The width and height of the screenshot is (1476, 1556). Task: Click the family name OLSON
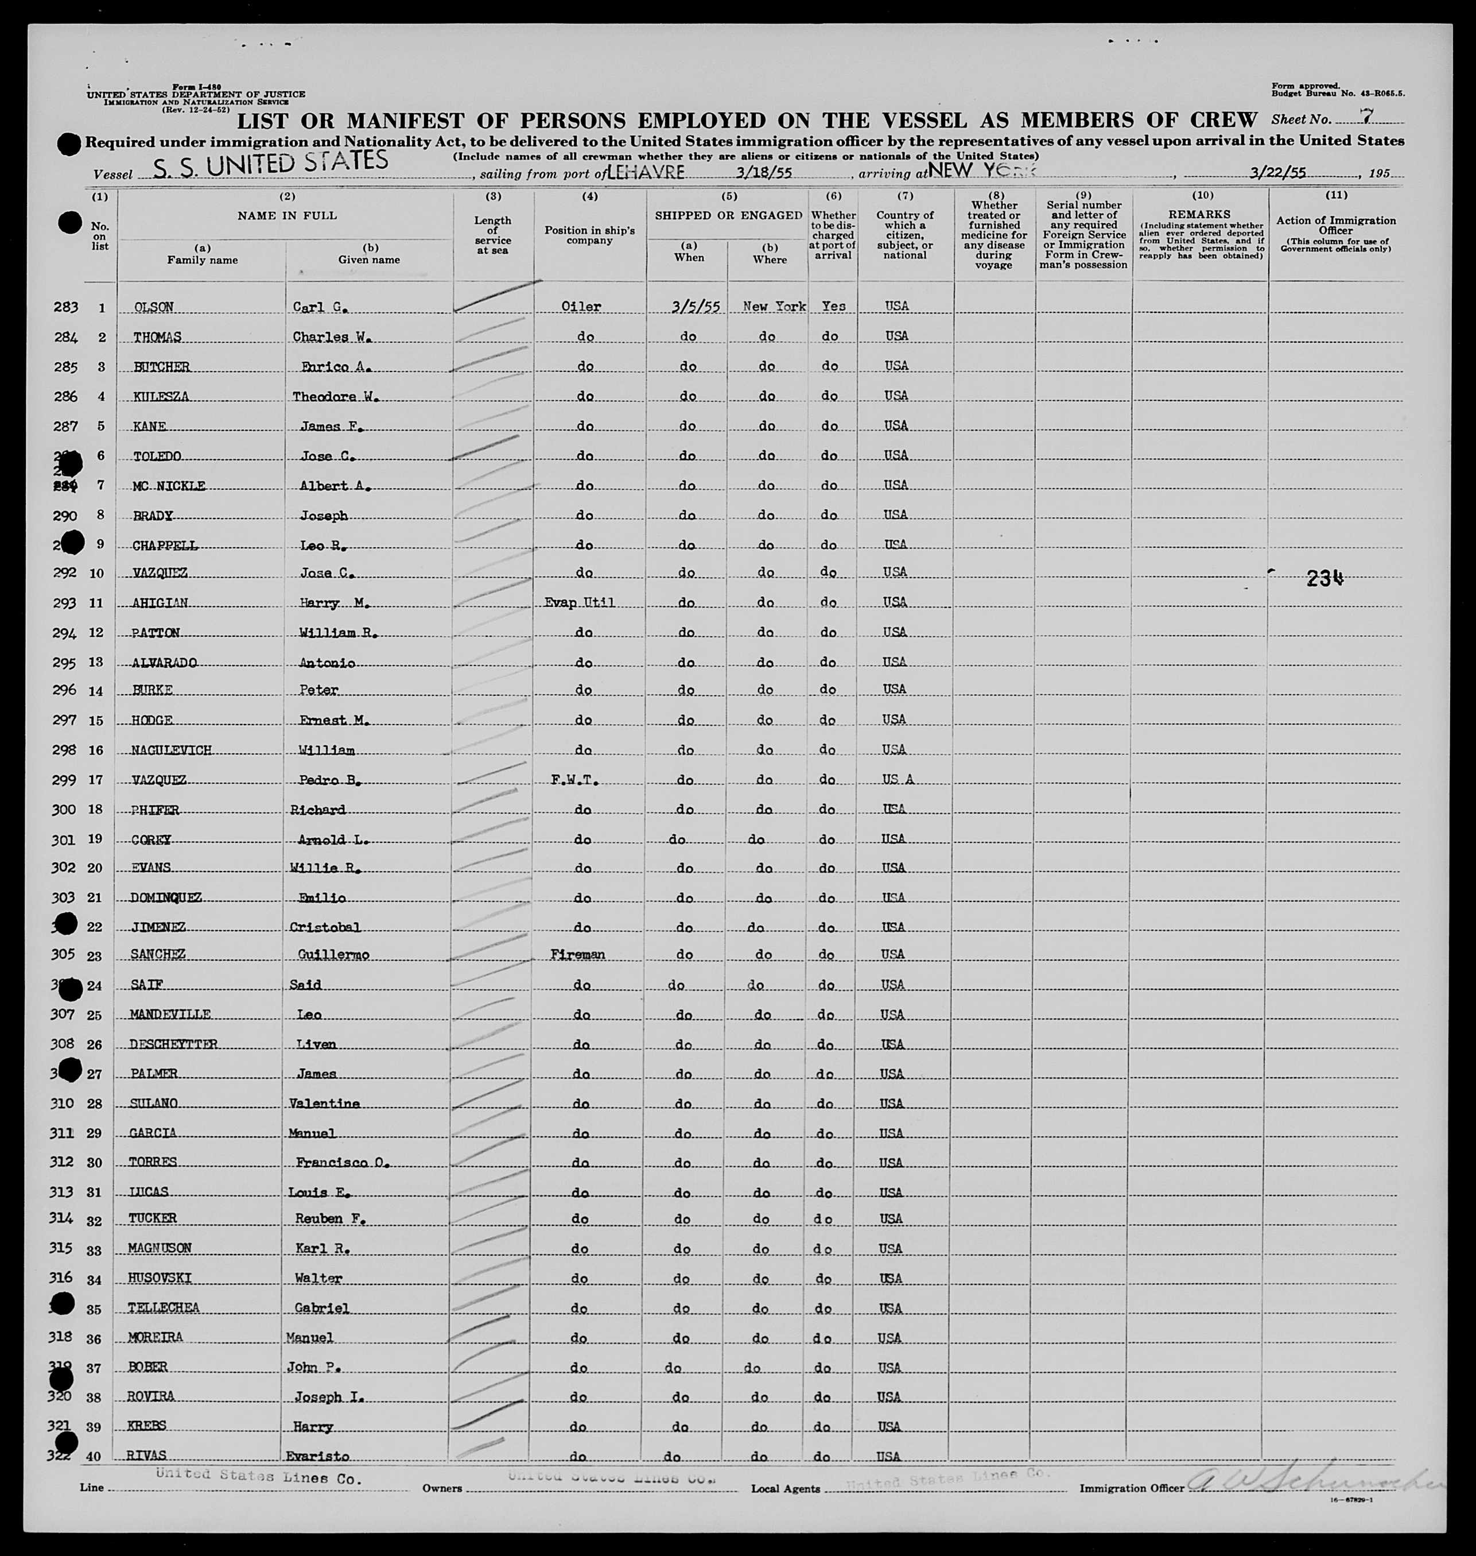click(153, 308)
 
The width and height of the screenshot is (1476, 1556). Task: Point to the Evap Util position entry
click(579, 603)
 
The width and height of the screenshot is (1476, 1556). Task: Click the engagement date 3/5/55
click(696, 308)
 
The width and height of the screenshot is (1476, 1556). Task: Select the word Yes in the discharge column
click(833, 306)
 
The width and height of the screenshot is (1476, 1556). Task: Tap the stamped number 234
click(1325, 579)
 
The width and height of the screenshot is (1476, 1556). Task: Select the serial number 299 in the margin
click(64, 780)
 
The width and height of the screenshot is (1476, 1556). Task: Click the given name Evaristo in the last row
click(317, 1456)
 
